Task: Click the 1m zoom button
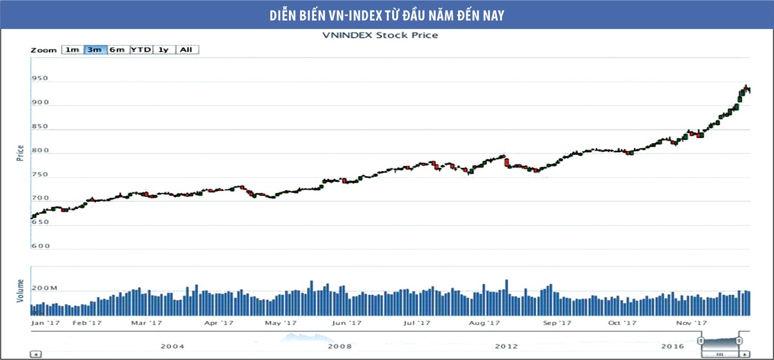point(72,50)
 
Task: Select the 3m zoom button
point(95,50)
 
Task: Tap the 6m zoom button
point(117,50)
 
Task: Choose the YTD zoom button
point(141,50)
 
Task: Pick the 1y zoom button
point(163,50)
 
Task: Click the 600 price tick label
point(41,246)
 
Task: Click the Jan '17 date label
point(45,323)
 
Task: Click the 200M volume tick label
point(45,288)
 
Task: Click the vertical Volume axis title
point(20,290)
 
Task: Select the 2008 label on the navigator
point(339,346)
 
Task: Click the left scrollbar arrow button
point(36,354)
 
